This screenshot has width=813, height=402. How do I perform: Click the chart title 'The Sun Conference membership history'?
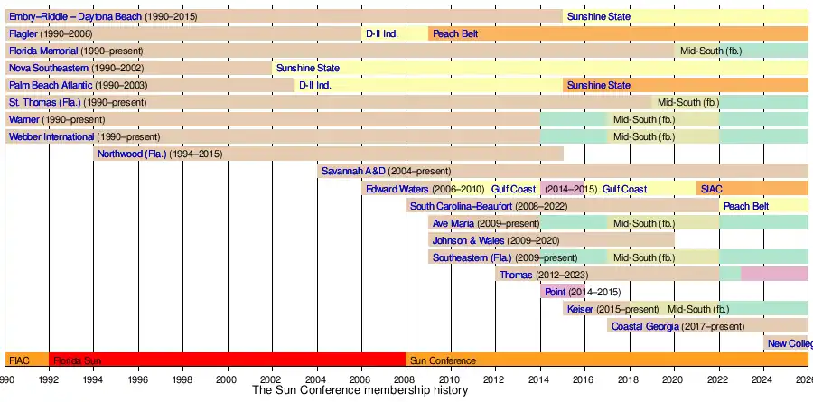360,391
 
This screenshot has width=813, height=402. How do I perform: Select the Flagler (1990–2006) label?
51,33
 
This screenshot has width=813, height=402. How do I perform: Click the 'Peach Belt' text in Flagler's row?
454,33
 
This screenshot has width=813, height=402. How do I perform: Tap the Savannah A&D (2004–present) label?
386,171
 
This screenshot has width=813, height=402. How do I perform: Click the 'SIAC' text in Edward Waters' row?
711,189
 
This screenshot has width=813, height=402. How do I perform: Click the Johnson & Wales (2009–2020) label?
495,240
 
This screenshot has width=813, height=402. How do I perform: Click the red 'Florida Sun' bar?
226,360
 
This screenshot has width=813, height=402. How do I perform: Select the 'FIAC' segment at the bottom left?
19,360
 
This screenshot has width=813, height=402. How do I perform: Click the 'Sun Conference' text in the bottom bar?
443,360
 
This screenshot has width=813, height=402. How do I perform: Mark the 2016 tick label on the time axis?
584,380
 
